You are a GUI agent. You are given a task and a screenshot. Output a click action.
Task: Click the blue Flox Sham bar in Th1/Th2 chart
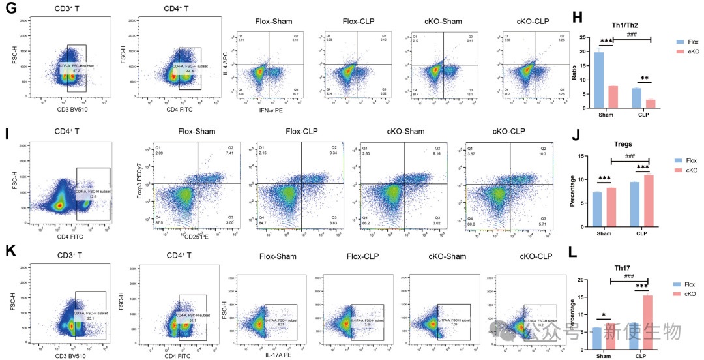pos(599,79)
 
